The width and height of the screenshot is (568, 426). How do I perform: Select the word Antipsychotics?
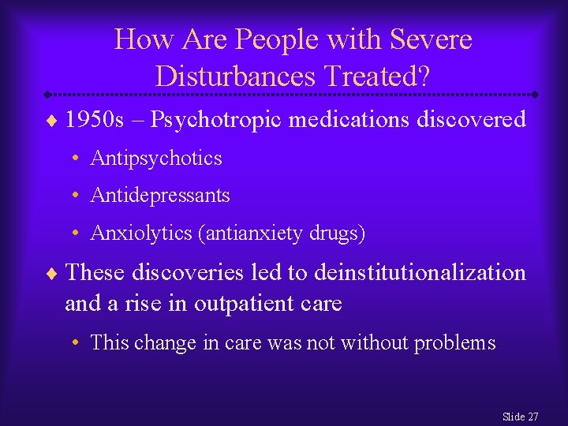click(x=156, y=159)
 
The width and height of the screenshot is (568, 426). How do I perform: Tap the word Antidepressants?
click(x=160, y=195)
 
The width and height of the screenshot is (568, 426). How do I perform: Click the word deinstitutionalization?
click(x=420, y=272)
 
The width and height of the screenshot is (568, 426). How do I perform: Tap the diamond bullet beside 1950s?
click(x=53, y=121)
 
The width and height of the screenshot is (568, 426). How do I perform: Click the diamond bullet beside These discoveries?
click(x=53, y=274)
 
